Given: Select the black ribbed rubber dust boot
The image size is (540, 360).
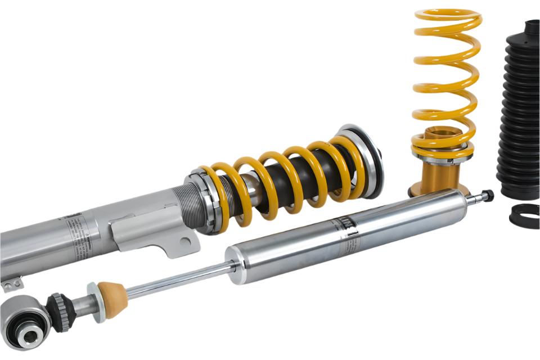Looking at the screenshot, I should click(x=519, y=112).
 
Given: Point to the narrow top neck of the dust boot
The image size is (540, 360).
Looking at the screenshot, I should click(x=532, y=28).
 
